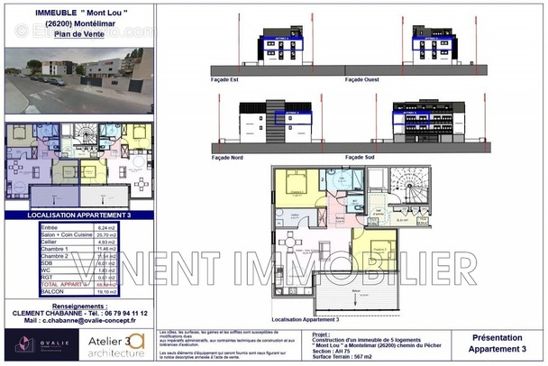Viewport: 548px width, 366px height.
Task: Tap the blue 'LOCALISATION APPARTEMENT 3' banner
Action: point(76,217)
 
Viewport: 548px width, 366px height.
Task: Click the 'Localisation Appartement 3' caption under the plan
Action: point(306,319)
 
